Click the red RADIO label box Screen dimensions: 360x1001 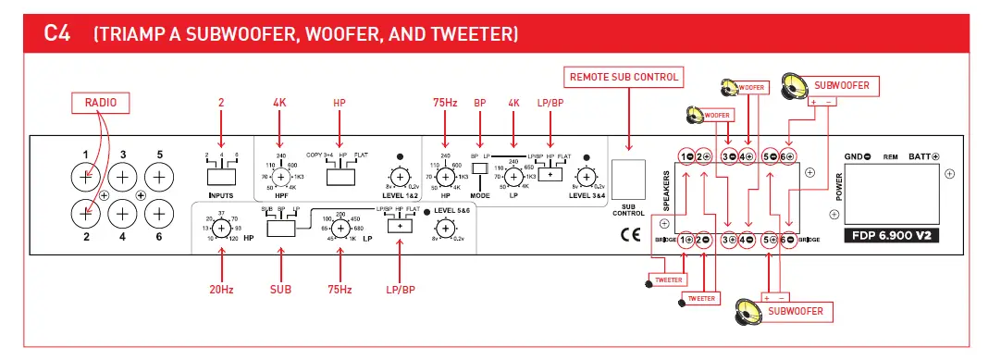click(x=101, y=103)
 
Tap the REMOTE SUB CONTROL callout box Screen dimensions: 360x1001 click(x=624, y=78)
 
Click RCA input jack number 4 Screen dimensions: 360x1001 click(x=123, y=214)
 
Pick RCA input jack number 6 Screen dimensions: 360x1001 click(x=159, y=214)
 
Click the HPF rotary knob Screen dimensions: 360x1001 click(x=279, y=176)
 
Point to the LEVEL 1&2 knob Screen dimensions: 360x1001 click(x=400, y=176)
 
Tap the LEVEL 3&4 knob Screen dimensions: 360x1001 click(x=584, y=176)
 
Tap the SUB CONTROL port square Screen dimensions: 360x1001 click(x=628, y=177)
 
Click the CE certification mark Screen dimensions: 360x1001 click(x=629, y=233)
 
